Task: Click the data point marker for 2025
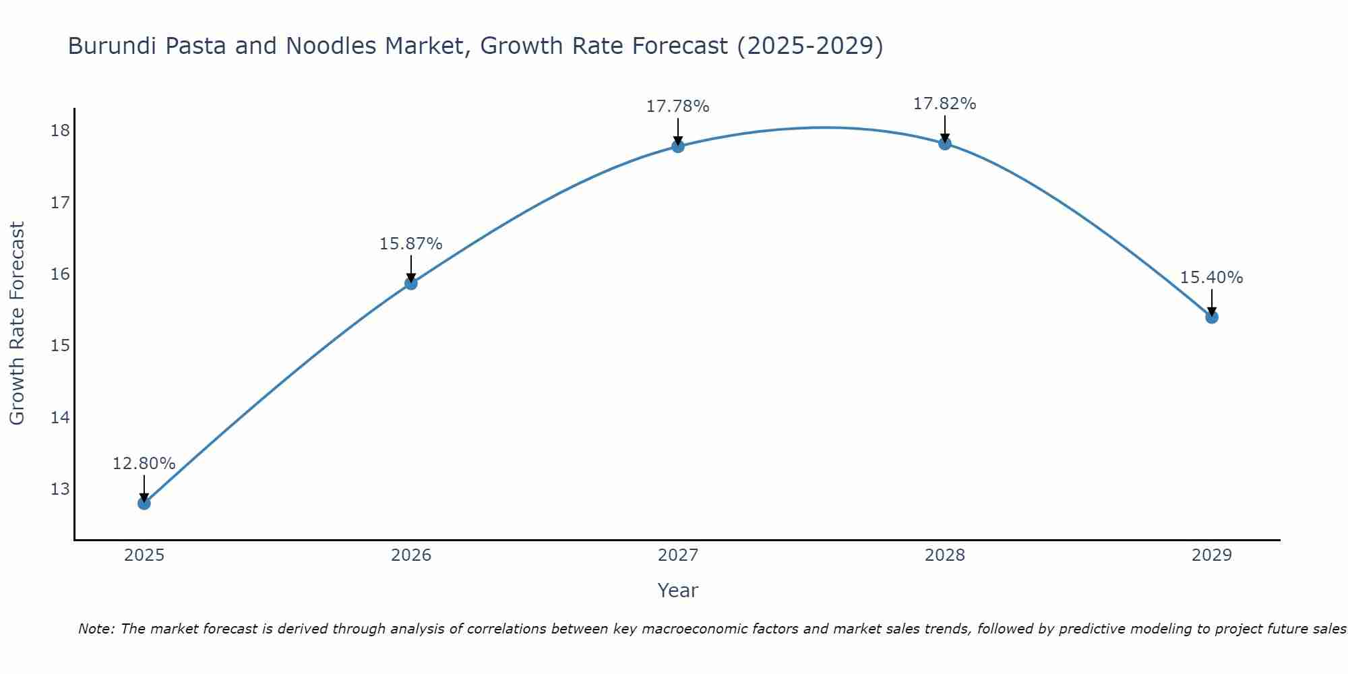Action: (144, 503)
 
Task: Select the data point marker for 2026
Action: (410, 283)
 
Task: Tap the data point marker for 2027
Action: (677, 146)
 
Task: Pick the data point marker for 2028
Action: (944, 143)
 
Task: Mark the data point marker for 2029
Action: (1211, 317)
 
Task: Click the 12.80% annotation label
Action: (144, 464)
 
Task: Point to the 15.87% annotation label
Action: (410, 244)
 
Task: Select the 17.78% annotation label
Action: (677, 106)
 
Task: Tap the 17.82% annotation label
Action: (944, 104)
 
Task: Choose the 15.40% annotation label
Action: (1211, 278)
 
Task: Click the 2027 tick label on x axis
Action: (677, 555)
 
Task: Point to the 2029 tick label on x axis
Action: (1211, 555)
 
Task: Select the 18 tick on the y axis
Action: (60, 131)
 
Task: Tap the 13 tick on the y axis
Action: (60, 489)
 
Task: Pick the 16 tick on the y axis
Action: (60, 274)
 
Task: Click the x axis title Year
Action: (677, 590)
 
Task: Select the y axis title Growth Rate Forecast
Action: (17, 324)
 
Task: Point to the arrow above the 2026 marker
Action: (410, 268)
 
